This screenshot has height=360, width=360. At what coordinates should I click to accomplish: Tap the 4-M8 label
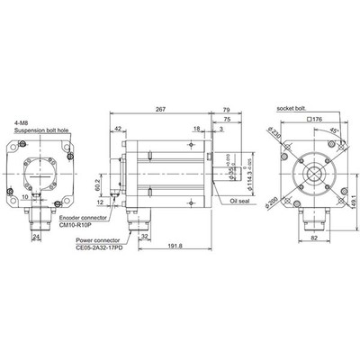[21, 123]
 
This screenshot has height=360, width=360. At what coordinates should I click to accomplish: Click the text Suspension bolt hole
[46, 131]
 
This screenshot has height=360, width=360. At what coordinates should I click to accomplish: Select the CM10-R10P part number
[75, 226]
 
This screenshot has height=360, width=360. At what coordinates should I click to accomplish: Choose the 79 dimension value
[226, 109]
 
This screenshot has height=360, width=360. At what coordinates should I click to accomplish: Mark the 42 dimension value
[119, 130]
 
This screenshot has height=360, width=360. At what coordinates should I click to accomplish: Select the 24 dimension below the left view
[36, 238]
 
